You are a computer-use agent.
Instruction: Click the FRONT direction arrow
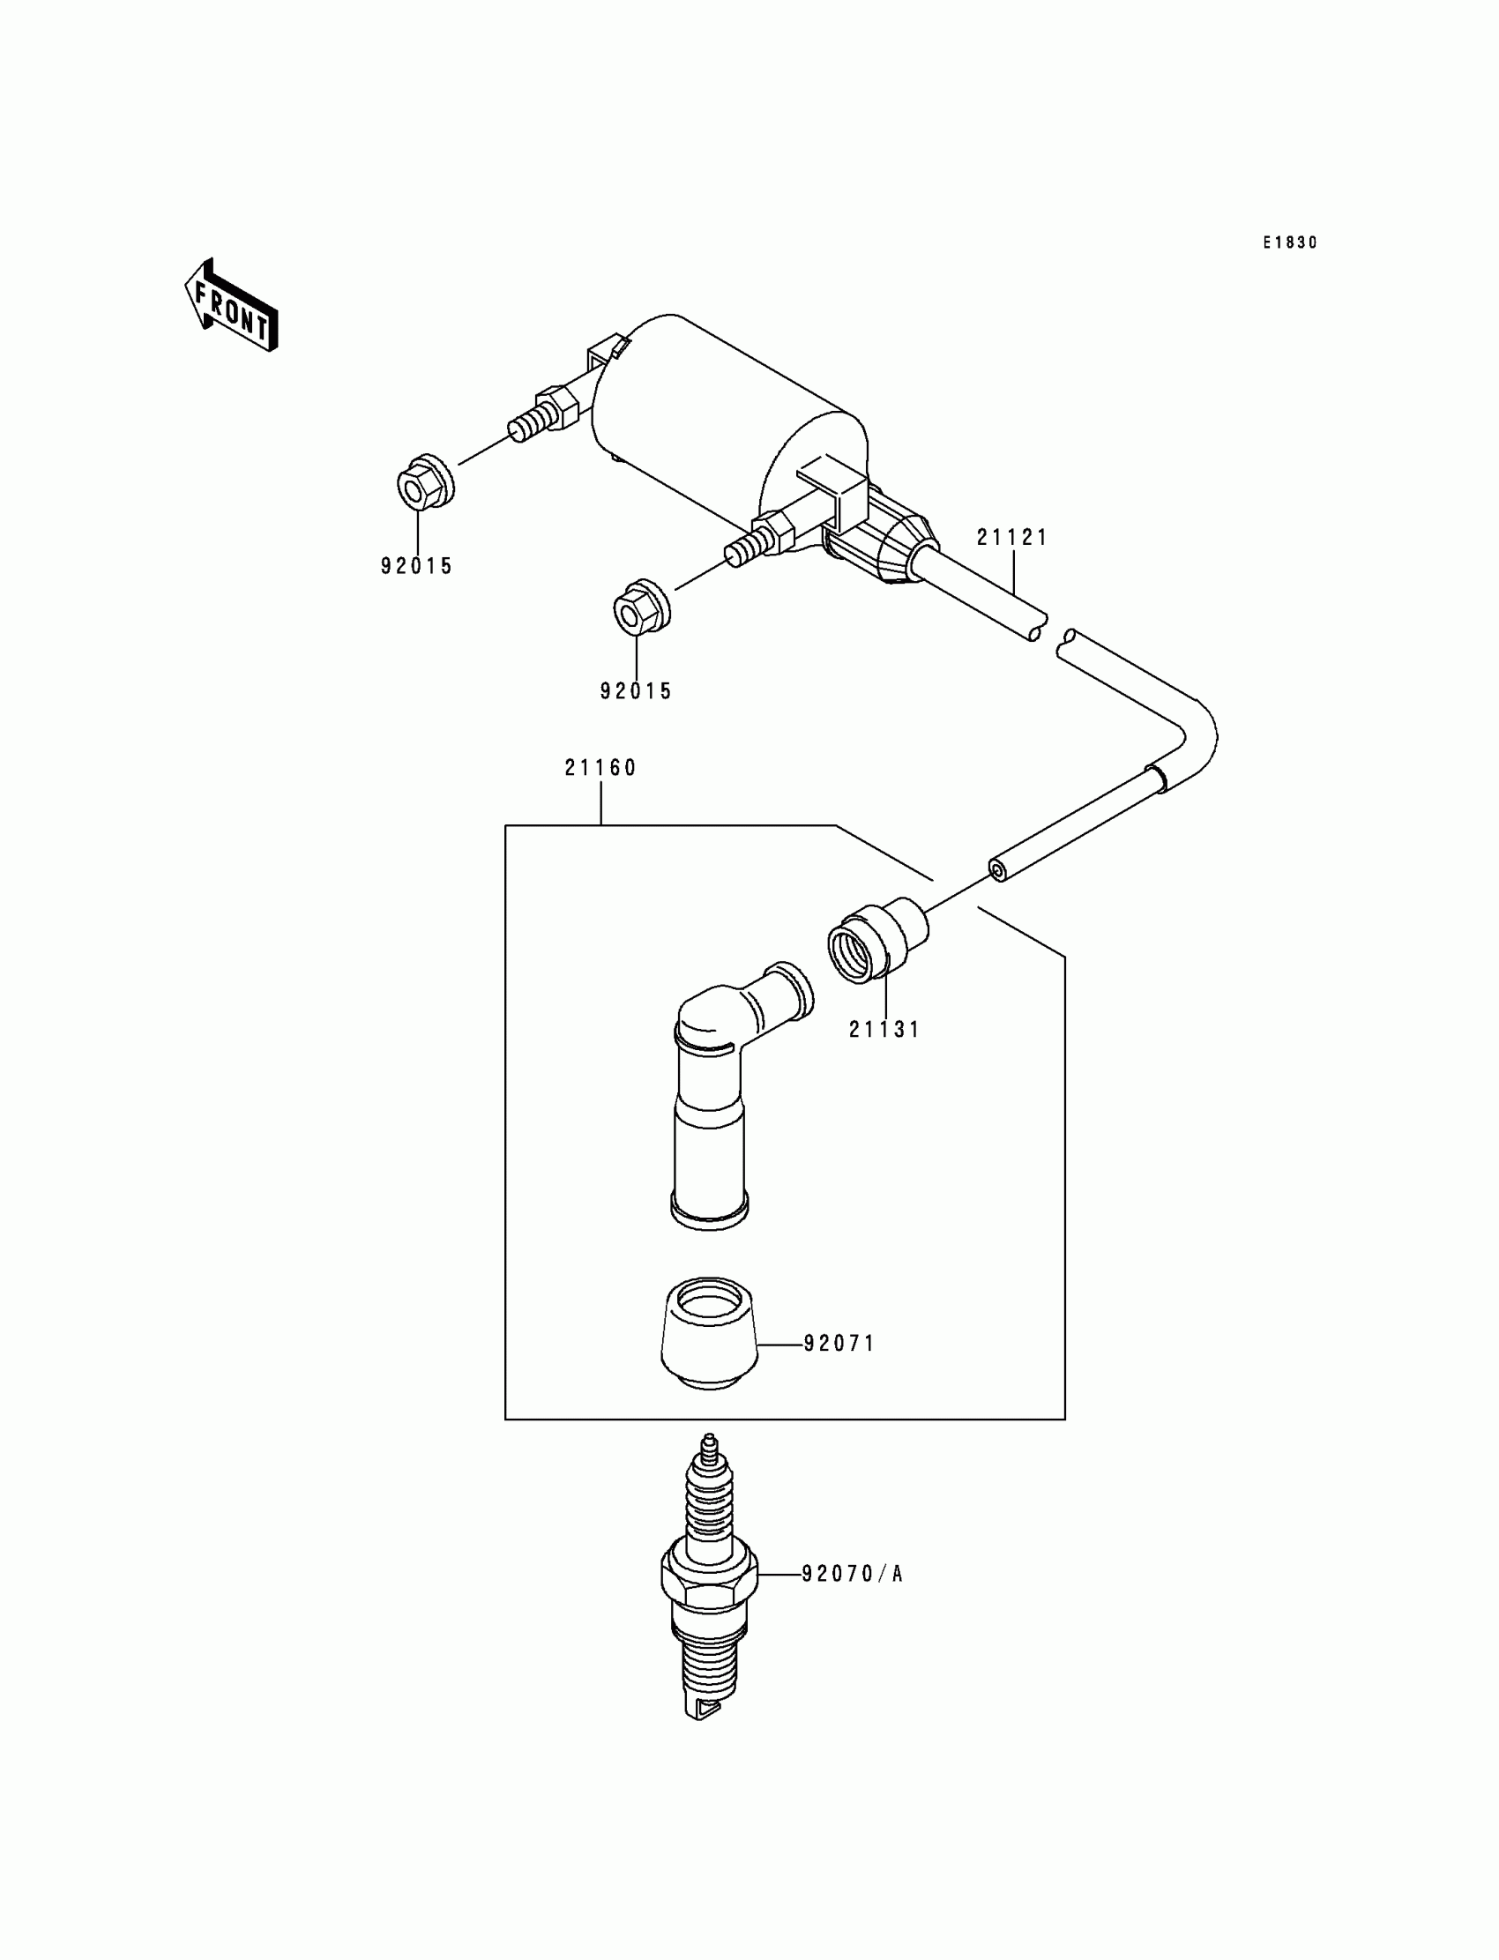231,305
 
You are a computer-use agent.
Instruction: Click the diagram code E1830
1289,242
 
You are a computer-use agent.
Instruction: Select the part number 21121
1012,537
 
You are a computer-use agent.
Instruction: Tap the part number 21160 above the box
600,768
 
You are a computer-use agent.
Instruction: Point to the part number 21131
884,1030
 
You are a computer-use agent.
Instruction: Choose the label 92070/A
852,1575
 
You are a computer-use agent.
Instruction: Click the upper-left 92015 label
417,567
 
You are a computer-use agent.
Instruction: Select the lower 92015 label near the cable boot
635,691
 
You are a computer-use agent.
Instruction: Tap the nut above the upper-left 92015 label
425,483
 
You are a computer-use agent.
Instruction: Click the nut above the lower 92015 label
642,609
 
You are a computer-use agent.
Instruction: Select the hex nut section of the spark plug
709,1578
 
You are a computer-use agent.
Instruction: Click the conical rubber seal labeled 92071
709,1334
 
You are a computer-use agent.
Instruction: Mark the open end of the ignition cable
997,870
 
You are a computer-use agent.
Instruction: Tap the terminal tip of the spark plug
709,1442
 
